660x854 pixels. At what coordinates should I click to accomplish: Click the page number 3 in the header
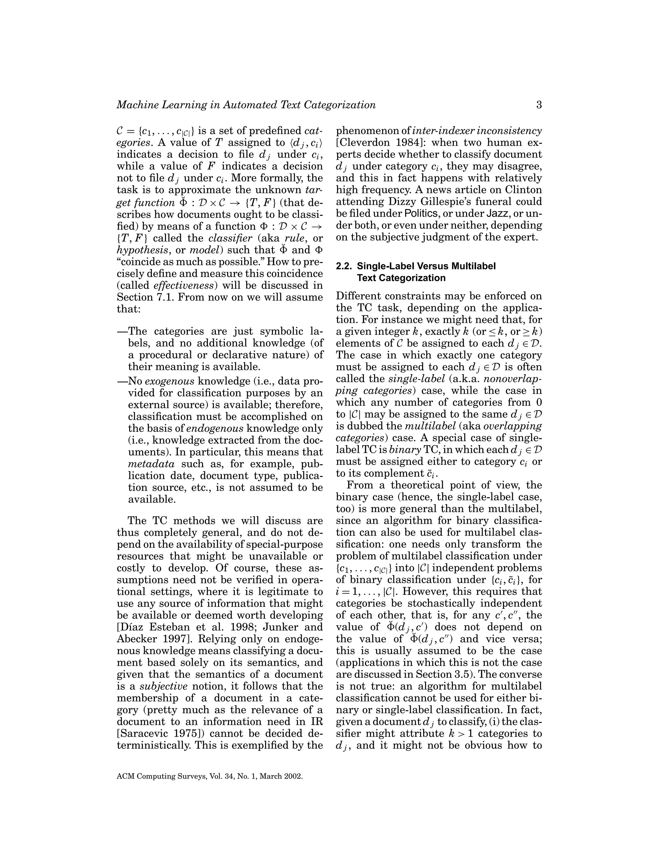click(539, 105)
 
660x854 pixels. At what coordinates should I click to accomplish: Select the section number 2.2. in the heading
click(345, 266)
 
